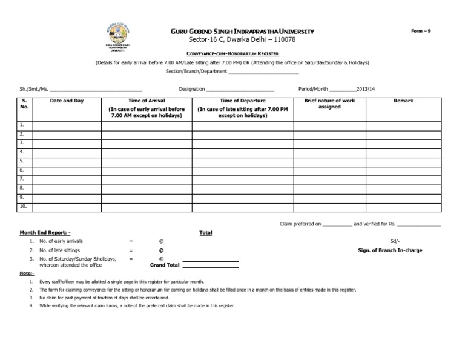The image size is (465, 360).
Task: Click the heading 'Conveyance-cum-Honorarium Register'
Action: click(232, 54)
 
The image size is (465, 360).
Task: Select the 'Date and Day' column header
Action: click(67, 101)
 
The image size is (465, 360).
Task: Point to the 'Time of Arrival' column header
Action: click(147, 101)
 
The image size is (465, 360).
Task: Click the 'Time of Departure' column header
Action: click(238, 101)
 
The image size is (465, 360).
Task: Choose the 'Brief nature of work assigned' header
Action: click(329, 104)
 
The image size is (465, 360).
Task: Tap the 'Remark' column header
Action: click(403, 101)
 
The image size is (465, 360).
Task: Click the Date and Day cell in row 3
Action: click(67, 142)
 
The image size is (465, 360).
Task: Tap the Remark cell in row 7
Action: click(403, 179)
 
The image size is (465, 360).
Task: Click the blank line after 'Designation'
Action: click(240, 89)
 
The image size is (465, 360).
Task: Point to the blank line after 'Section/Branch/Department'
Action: click(265, 72)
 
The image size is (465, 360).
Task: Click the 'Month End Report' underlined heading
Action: click(45, 233)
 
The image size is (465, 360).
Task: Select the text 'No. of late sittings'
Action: click(60, 250)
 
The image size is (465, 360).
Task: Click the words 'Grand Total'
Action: click(164, 265)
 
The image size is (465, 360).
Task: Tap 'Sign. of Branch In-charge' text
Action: click(390, 250)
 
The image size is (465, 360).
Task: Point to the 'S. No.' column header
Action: click(24, 104)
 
